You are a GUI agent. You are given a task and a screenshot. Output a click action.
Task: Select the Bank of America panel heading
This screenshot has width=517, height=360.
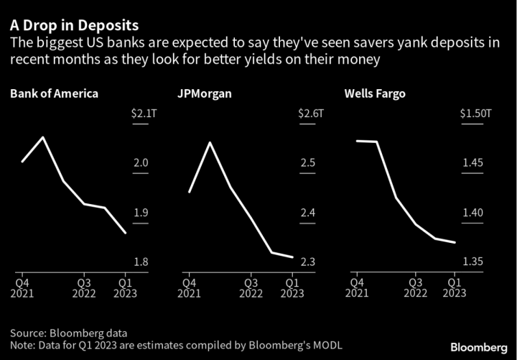[x=54, y=93]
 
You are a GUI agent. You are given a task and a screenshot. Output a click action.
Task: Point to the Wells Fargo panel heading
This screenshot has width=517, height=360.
[x=376, y=93]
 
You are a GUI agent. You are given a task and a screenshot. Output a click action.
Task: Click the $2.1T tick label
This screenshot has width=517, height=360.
[x=139, y=114]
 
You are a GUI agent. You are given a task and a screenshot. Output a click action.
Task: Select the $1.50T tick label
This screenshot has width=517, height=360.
[x=475, y=114]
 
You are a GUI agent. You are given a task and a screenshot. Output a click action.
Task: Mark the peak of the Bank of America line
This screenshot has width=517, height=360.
[x=43, y=137]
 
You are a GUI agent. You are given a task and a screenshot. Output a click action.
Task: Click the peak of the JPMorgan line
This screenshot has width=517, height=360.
[x=210, y=142]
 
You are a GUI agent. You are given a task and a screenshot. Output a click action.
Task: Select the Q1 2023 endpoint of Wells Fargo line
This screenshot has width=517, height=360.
[x=455, y=243]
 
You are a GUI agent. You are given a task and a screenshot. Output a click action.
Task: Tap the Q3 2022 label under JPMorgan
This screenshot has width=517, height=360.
[x=251, y=287]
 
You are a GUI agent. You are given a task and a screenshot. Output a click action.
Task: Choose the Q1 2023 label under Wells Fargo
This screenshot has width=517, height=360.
[x=454, y=287]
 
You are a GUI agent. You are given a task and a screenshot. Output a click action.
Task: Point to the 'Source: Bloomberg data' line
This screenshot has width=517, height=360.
[x=68, y=333]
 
